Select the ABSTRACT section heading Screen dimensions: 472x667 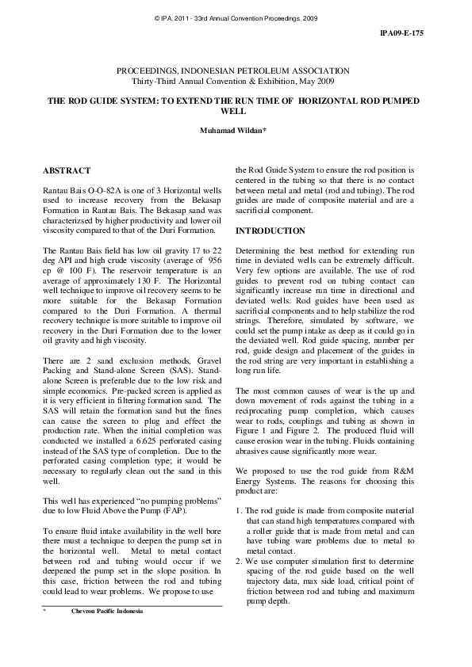tap(67, 170)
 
